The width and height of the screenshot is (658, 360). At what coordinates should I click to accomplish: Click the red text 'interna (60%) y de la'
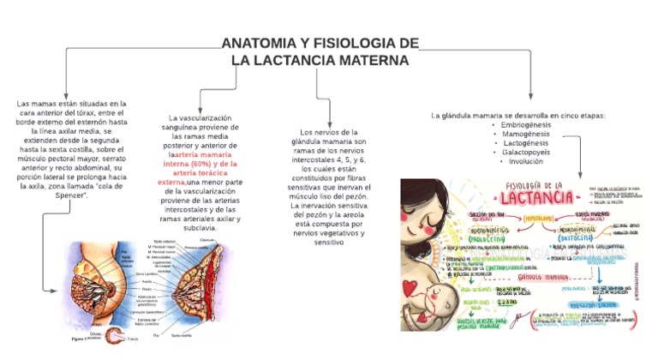pos(200,163)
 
